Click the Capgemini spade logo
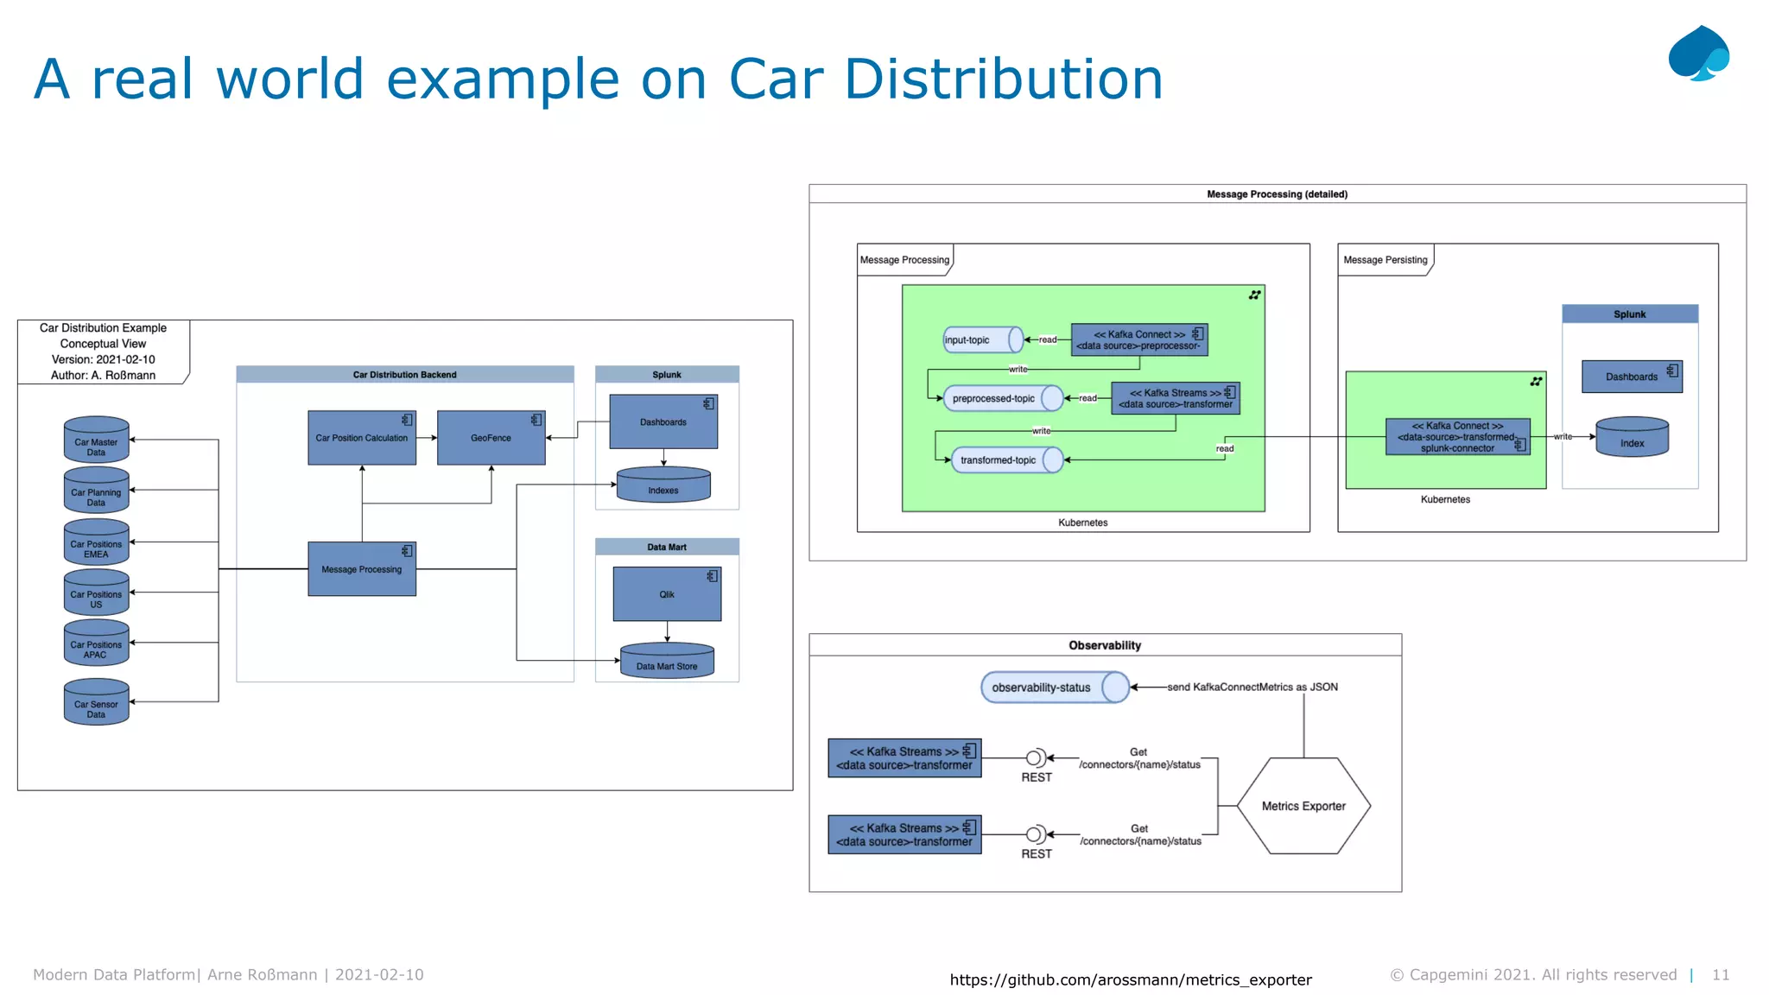coord(1698,54)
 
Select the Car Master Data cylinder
coord(96,440)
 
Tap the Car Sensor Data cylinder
coord(96,703)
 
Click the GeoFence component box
coord(491,438)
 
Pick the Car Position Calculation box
coord(361,438)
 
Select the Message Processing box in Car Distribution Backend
coord(361,569)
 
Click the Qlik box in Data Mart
coord(667,594)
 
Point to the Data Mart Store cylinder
coord(667,662)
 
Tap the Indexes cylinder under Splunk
coord(663,485)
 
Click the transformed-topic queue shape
coord(1006,459)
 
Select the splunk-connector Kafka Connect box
coord(1457,437)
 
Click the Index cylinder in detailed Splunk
coord(1632,438)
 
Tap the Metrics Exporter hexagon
coord(1303,806)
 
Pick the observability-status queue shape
coord(1054,688)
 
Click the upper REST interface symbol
coord(1035,758)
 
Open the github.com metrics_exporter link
coord(1130,979)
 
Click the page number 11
coord(1720,974)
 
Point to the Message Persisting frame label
coord(1385,260)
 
